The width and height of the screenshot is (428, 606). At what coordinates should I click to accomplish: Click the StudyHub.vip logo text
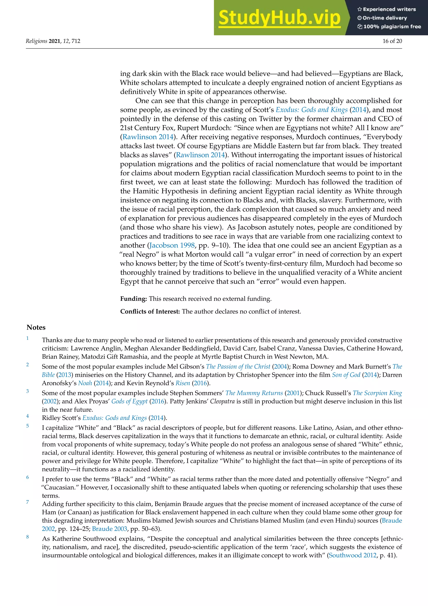(279, 18)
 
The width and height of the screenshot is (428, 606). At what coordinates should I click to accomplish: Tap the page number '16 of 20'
(392, 41)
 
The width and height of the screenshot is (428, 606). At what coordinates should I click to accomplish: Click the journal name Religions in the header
(36, 41)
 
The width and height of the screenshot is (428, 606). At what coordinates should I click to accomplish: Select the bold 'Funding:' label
(133, 299)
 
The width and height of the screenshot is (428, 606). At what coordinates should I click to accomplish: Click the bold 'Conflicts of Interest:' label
(150, 311)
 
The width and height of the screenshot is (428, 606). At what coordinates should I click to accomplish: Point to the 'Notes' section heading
(36, 327)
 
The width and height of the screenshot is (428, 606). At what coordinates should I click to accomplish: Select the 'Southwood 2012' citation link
(353, 555)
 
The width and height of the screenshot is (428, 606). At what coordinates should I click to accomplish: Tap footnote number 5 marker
(27, 426)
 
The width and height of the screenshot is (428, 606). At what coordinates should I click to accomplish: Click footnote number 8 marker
(27, 537)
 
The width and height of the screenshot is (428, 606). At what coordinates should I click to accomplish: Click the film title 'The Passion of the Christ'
(238, 367)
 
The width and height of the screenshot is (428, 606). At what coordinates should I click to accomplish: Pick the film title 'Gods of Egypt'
(129, 401)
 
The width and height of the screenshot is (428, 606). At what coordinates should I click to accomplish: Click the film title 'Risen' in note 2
(183, 383)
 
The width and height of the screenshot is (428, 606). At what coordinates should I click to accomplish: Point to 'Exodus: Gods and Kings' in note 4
(114, 418)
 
